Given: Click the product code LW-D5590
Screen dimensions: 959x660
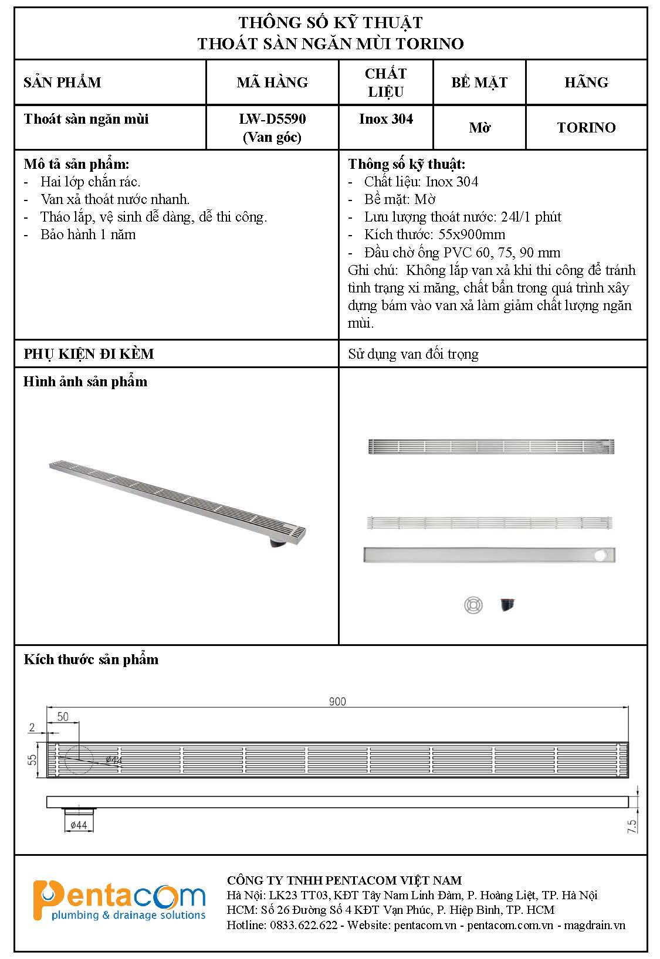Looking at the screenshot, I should (272, 119).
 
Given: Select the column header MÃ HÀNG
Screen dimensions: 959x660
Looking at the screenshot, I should (272, 82).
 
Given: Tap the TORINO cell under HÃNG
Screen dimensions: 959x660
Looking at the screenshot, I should (586, 128).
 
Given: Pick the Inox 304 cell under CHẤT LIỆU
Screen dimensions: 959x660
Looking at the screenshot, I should (386, 119).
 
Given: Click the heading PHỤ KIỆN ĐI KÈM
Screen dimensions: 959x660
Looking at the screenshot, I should (89, 354).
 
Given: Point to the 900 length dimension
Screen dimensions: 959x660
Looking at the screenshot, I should (337, 701).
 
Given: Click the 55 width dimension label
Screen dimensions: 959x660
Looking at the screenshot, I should (33, 759).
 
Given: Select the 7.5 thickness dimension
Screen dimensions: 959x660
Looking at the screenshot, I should (632, 826).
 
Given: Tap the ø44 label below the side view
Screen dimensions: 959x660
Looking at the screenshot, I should (79, 825).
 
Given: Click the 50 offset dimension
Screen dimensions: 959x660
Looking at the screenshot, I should (63, 716).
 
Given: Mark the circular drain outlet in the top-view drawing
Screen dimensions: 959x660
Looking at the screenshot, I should (79, 760).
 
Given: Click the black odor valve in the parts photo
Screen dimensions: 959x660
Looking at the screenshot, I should (507, 604).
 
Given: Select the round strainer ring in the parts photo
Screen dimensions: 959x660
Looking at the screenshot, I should (473, 605).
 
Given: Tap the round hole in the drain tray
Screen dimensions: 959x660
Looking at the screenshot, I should (600, 555).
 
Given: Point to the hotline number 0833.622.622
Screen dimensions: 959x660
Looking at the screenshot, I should (303, 925).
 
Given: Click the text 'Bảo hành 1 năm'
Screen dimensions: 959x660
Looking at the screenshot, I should (88, 234).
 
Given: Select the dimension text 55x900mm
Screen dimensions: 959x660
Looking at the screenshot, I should (472, 234).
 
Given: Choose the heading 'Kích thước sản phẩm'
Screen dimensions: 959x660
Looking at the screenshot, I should (91, 659).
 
